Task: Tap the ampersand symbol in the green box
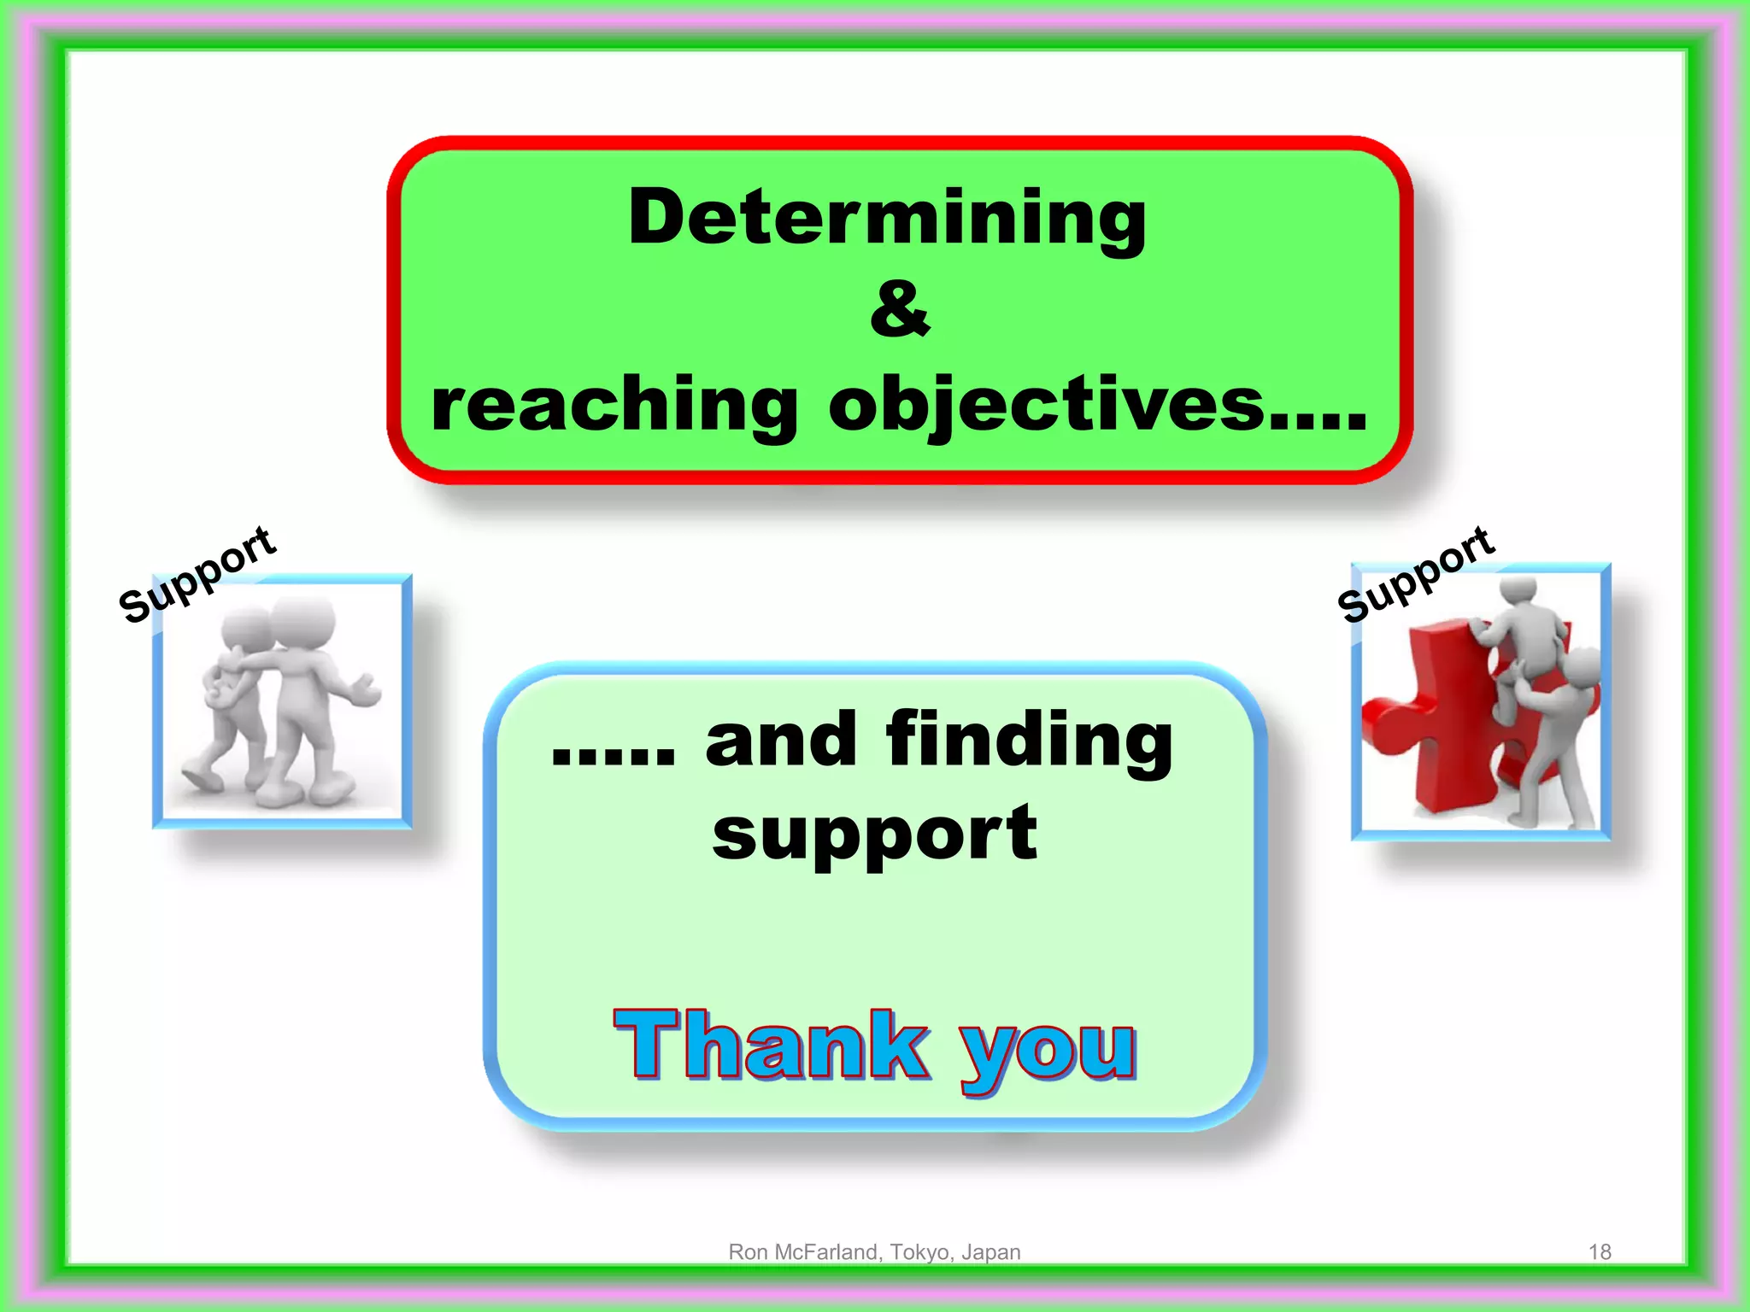[899, 309]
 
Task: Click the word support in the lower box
[874, 834]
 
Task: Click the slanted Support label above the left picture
[197, 575]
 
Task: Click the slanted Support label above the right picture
[1416, 574]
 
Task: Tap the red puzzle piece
[1444, 717]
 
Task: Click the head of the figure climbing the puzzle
[1518, 589]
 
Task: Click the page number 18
[1599, 1251]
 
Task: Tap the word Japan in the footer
[990, 1251]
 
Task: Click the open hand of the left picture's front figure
[367, 690]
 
